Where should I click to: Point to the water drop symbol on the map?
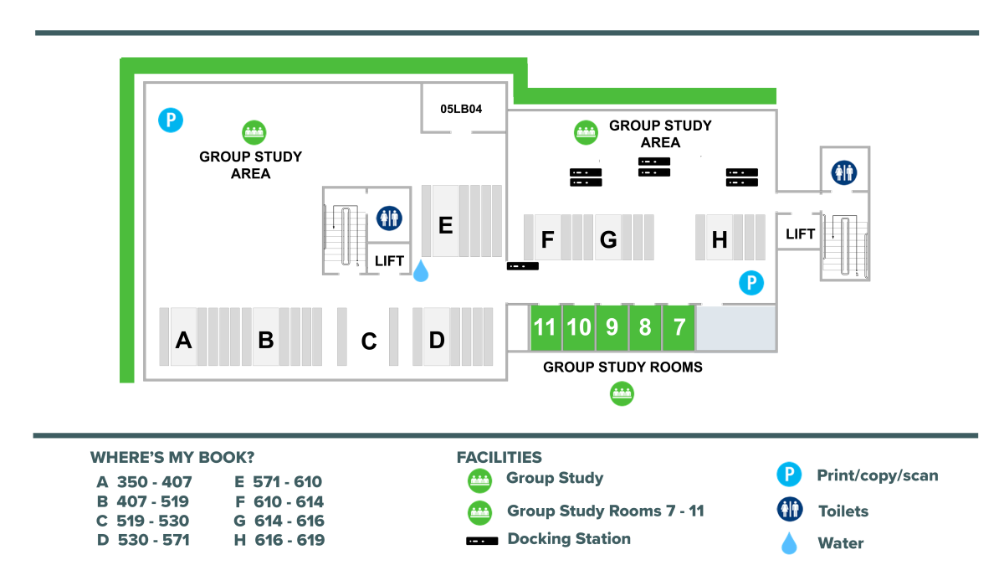pyautogui.click(x=421, y=270)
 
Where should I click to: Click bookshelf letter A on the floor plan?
pyautogui.click(x=183, y=340)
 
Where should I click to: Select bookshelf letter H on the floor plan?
pyautogui.click(x=720, y=240)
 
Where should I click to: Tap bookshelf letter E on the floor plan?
pyautogui.click(x=446, y=224)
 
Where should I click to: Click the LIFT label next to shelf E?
pyautogui.click(x=389, y=261)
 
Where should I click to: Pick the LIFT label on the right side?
pyautogui.click(x=800, y=234)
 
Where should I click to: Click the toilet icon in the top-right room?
pyautogui.click(x=843, y=172)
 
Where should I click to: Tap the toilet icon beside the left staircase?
pyautogui.click(x=389, y=218)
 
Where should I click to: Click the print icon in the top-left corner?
pyautogui.click(x=171, y=120)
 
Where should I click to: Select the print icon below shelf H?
pyautogui.click(x=751, y=283)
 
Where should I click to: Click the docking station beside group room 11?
pyautogui.click(x=522, y=266)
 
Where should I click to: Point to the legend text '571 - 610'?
pyautogui.click(x=289, y=482)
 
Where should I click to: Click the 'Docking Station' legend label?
pyautogui.click(x=569, y=539)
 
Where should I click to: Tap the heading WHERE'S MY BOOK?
pyautogui.click(x=172, y=458)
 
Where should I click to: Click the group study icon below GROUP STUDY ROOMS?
pyautogui.click(x=621, y=393)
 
